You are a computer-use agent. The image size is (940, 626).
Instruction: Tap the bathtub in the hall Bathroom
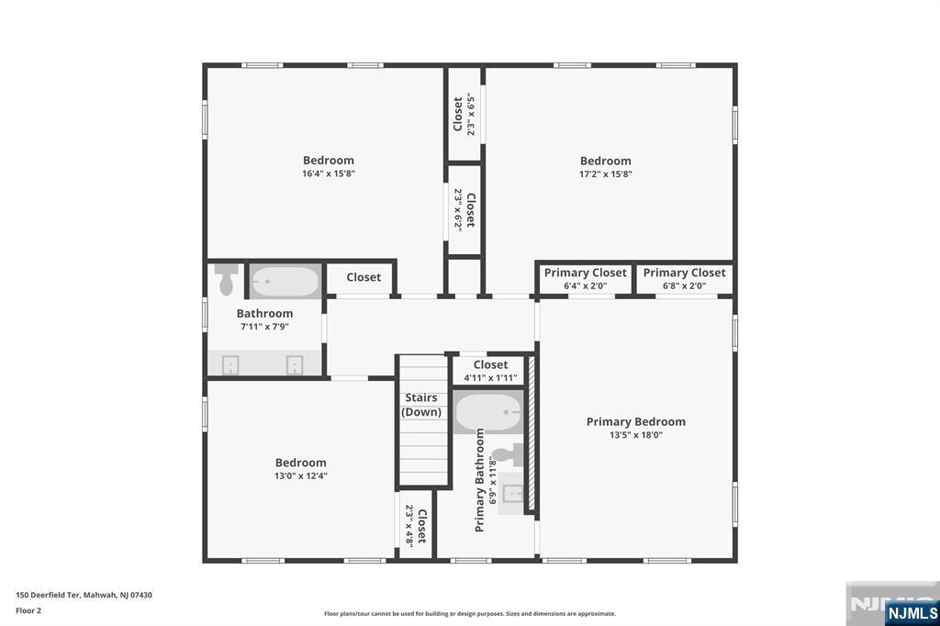(x=285, y=281)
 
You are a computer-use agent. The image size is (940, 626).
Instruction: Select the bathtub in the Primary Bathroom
(x=487, y=413)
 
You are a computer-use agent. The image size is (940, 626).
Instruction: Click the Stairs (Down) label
(x=421, y=405)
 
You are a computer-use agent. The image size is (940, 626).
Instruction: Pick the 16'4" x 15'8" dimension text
(x=328, y=173)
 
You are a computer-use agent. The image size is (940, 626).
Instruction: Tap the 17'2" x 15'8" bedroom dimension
(x=605, y=173)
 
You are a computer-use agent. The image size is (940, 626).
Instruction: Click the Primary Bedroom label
(x=635, y=422)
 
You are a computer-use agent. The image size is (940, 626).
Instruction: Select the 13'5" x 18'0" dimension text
(x=635, y=435)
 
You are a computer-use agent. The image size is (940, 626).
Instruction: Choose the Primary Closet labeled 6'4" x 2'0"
(x=585, y=278)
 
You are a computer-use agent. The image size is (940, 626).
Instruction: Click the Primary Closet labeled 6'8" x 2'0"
(x=684, y=278)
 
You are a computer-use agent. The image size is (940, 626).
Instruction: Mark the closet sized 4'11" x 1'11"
(x=490, y=371)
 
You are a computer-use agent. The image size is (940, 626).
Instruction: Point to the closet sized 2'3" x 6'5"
(x=464, y=115)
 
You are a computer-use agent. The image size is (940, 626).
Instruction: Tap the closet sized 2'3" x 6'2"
(x=464, y=209)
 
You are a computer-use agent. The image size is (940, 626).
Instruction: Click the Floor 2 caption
(x=28, y=609)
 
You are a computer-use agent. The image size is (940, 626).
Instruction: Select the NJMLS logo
(x=911, y=612)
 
